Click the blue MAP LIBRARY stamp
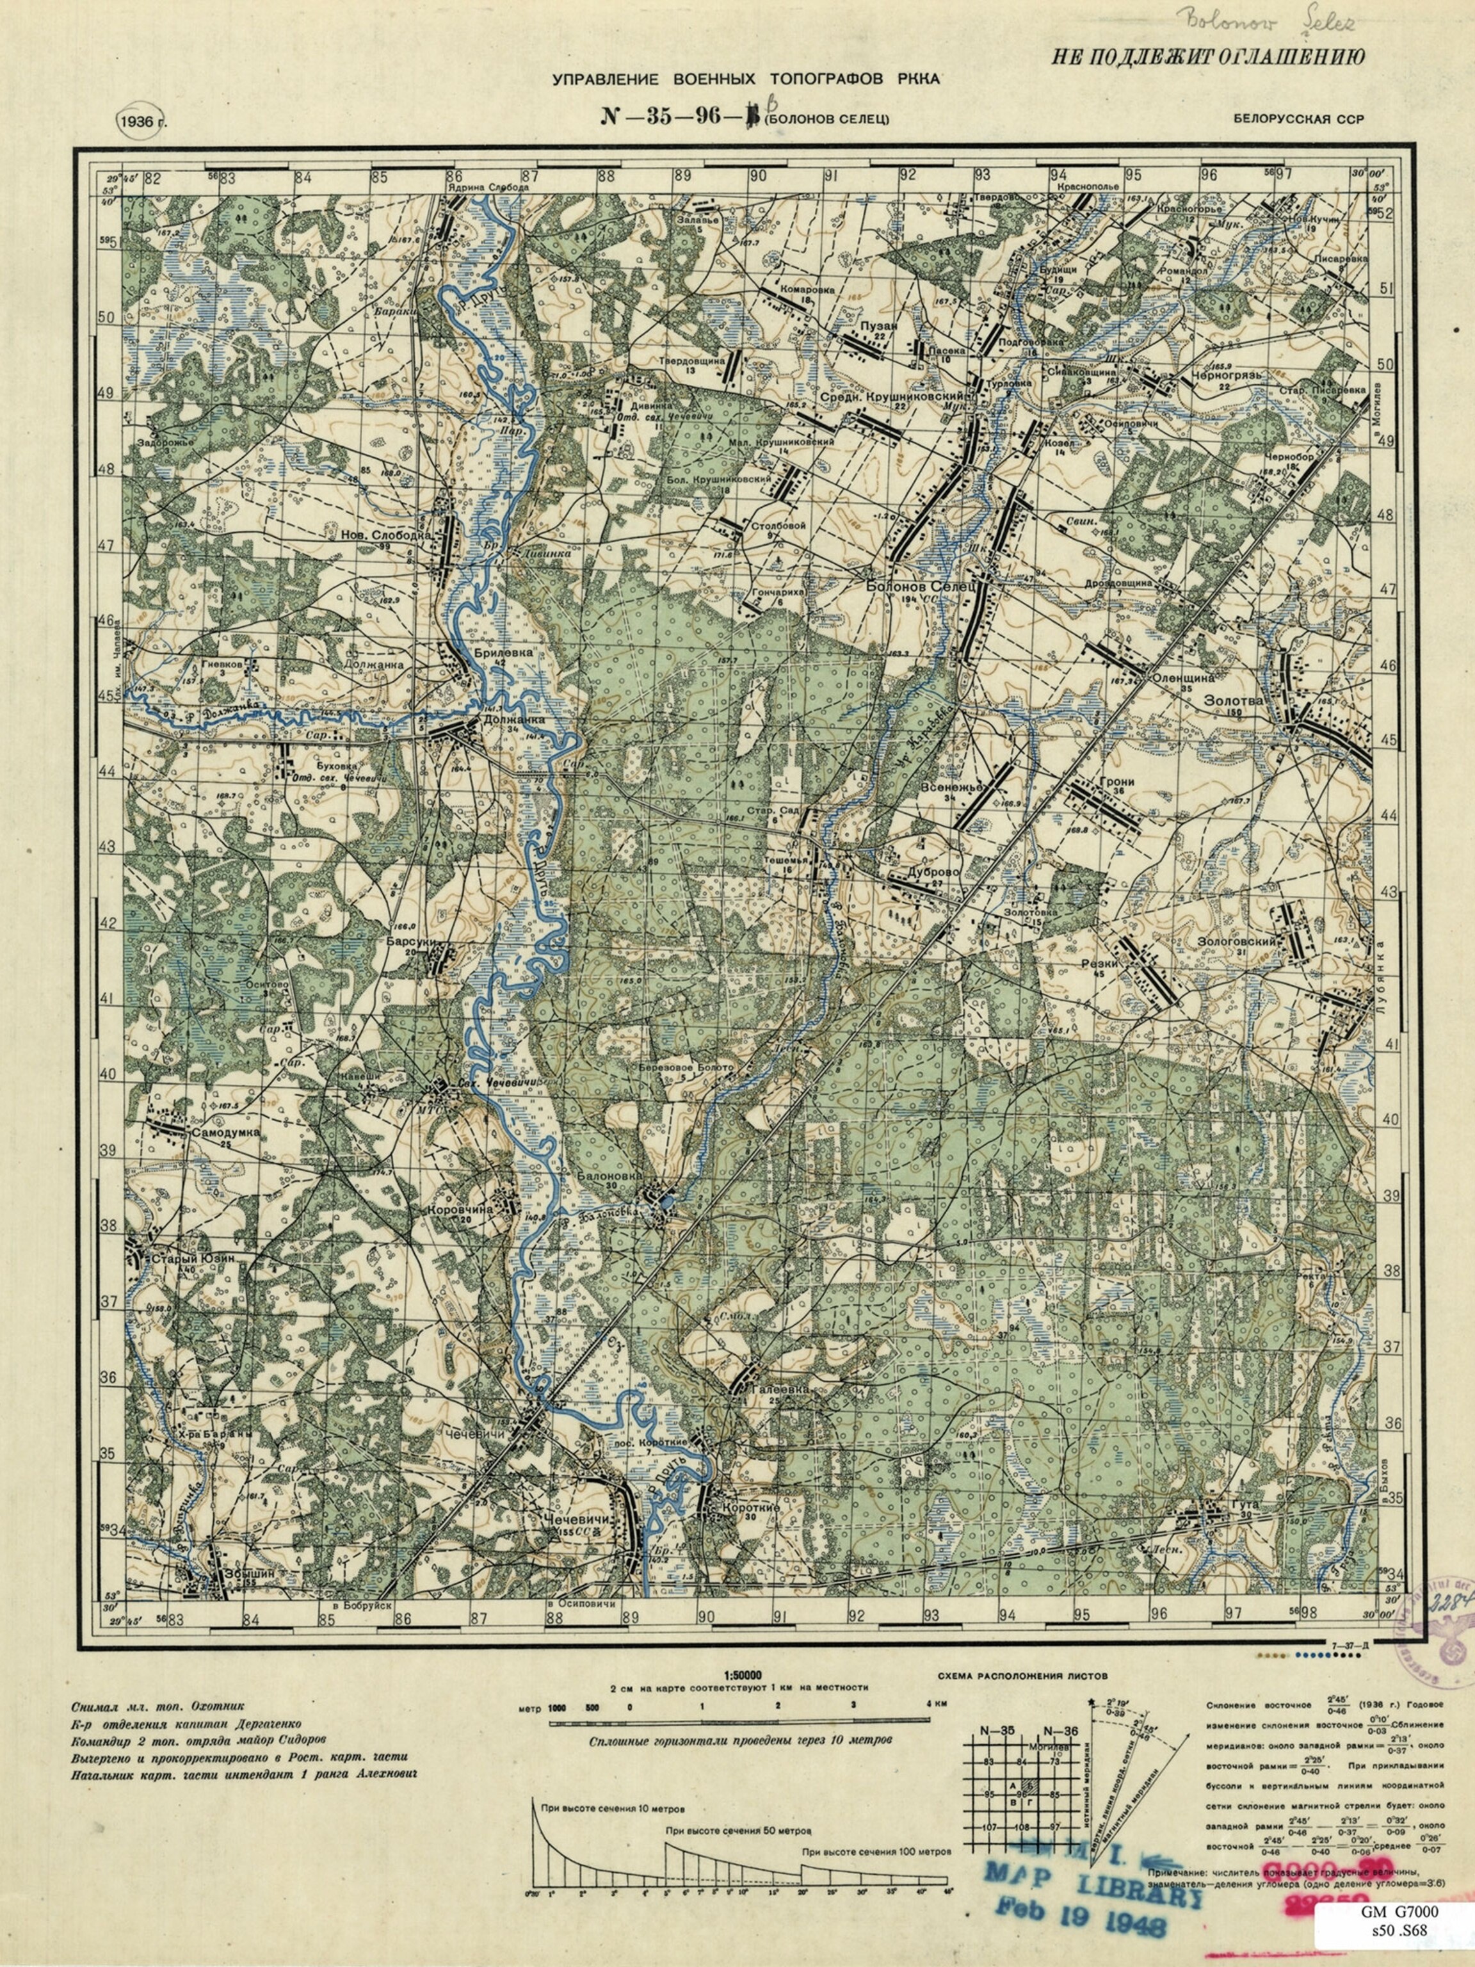pos(1092,1882)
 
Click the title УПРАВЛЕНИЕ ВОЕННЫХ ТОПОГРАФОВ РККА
pos(745,80)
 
